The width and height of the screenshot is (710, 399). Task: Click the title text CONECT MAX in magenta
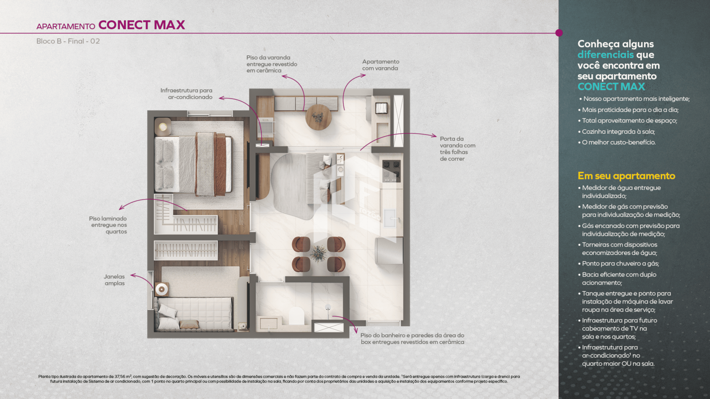pos(142,25)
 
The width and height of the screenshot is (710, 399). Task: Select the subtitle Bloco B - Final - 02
pos(68,41)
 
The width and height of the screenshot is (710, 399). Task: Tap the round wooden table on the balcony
pos(318,117)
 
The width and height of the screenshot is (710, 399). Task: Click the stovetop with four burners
pos(391,171)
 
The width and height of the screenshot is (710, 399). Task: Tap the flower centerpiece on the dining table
pos(318,253)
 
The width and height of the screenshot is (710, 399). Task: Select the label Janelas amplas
pos(114,280)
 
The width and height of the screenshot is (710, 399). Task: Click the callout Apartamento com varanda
pos(381,65)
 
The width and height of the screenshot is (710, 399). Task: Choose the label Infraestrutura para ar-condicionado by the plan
pos(186,93)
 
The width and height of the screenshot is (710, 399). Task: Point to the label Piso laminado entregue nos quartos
pos(108,225)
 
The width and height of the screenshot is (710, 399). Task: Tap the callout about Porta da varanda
pos(457,149)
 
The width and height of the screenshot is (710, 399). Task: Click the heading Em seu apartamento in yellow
pos(626,176)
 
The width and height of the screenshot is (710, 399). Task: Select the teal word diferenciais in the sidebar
pos(606,55)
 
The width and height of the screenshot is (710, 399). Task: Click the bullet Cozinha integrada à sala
pos(618,132)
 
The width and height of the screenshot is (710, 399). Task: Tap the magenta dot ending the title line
pos(559,33)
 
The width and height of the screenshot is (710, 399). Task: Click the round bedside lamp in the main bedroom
pos(163,127)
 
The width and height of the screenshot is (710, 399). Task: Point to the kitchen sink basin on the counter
pos(390,218)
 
